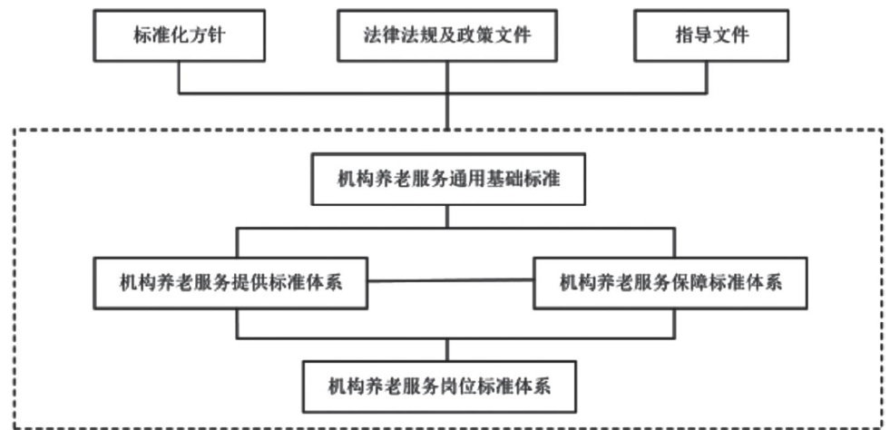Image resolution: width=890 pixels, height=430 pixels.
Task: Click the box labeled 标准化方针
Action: [179, 37]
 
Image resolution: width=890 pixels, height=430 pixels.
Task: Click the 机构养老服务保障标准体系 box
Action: [670, 283]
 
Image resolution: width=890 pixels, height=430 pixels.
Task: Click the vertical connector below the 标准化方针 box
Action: [179, 76]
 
